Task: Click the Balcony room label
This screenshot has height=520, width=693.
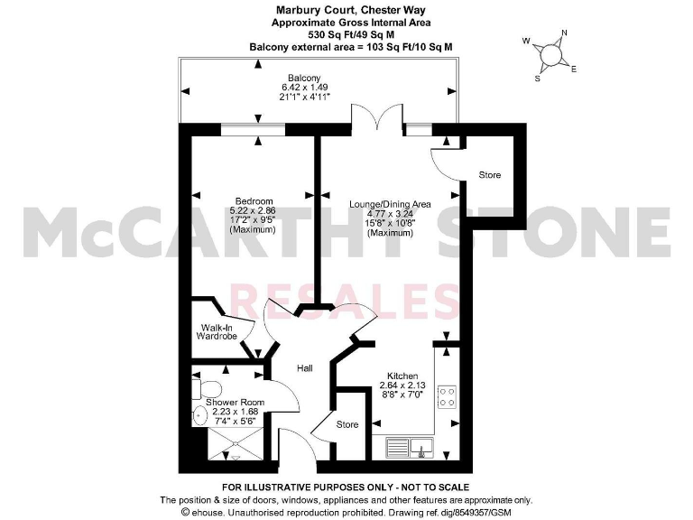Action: [x=303, y=78]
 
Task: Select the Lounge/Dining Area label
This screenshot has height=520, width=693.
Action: [x=390, y=205]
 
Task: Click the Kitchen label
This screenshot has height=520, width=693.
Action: [x=402, y=376]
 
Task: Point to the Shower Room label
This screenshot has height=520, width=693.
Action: [x=235, y=402]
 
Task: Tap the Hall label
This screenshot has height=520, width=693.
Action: [x=305, y=367]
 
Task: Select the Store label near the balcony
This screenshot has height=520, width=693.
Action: [x=489, y=175]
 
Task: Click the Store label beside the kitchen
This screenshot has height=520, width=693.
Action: [x=347, y=424]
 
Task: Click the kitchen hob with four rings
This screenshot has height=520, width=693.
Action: [x=447, y=397]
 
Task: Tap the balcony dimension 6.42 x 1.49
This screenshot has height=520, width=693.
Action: [x=303, y=88]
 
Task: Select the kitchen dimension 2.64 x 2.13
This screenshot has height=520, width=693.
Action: [x=402, y=386]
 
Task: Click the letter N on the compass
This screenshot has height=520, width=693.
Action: [x=564, y=34]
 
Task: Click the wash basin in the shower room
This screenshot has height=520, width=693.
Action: [x=200, y=416]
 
